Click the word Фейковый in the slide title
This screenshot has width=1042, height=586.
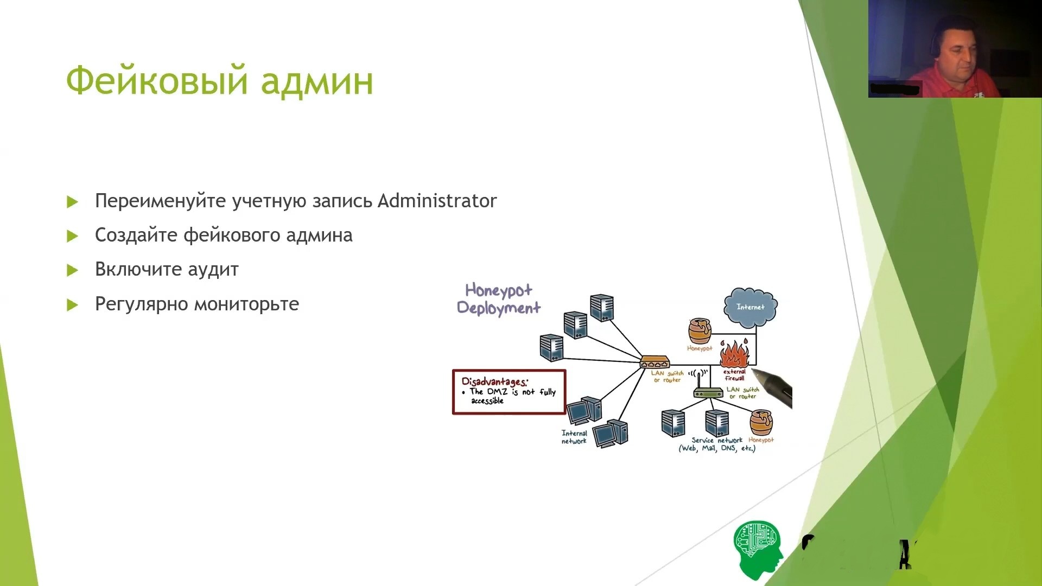click(x=157, y=81)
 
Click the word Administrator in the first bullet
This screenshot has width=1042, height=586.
click(x=437, y=201)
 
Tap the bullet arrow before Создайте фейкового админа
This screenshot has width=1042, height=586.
click(x=72, y=236)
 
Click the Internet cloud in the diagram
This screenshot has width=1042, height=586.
click(x=750, y=307)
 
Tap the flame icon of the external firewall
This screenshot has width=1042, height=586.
click(x=734, y=354)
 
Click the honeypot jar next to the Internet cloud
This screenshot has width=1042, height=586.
click(x=700, y=331)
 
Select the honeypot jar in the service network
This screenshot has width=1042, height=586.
click(x=761, y=423)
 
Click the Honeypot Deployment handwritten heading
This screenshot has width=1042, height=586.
click(x=498, y=299)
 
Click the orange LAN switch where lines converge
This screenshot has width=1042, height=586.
click(x=655, y=362)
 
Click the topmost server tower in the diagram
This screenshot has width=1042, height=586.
click(x=602, y=308)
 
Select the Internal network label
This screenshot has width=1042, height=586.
click(x=574, y=437)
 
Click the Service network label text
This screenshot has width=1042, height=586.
click(x=716, y=440)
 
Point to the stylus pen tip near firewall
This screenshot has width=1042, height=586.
click(x=755, y=372)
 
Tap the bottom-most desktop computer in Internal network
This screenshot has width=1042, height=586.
click(x=611, y=434)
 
